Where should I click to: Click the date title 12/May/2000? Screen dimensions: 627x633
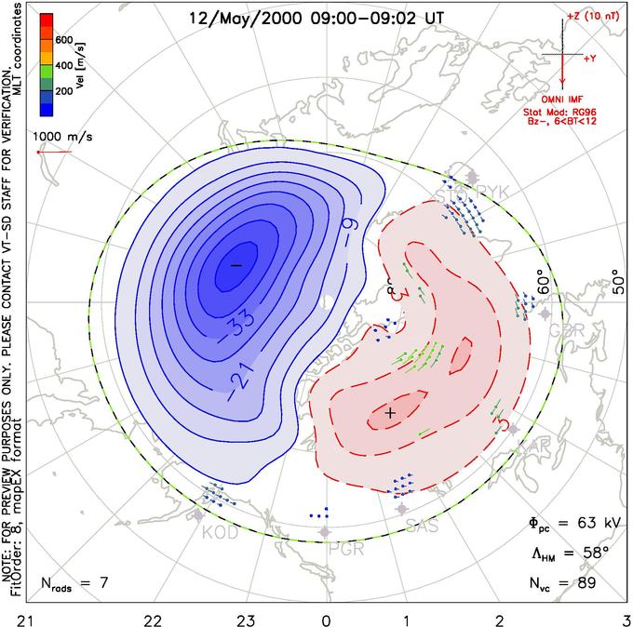(237, 18)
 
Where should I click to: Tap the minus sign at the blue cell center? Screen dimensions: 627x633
(236, 266)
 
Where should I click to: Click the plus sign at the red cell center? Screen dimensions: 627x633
(391, 412)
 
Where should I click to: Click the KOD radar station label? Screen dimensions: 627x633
(219, 533)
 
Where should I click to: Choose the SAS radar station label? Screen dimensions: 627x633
(422, 527)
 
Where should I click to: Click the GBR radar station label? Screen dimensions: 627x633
(561, 330)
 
